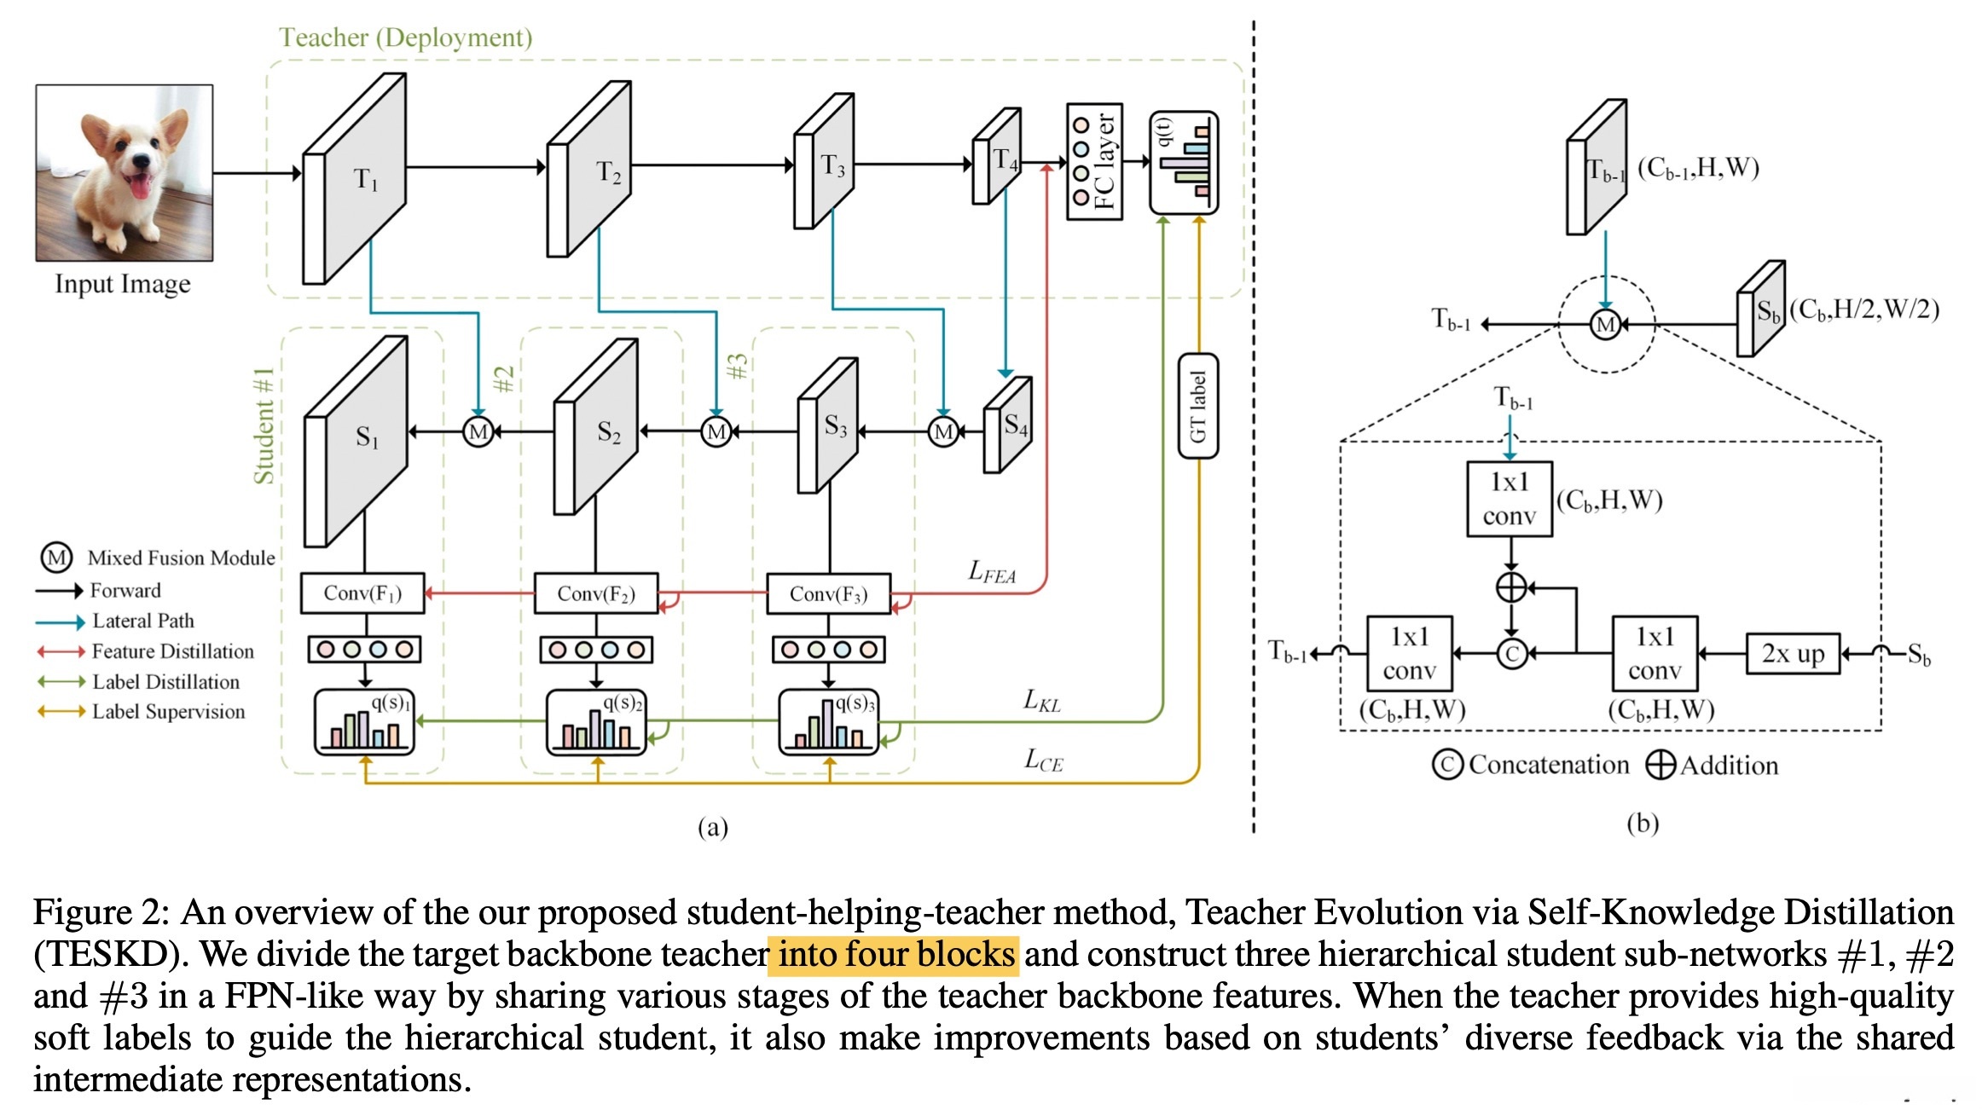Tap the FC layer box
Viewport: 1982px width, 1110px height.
click(x=1094, y=162)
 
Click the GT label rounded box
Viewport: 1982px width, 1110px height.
click(x=1197, y=406)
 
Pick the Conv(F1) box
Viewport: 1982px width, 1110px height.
click(x=362, y=593)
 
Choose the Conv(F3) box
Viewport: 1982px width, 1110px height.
click(x=828, y=593)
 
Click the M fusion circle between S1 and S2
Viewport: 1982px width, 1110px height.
click(x=478, y=431)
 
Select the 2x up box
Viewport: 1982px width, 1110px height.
click(x=1793, y=654)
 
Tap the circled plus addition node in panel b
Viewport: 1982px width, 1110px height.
click(x=1510, y=587)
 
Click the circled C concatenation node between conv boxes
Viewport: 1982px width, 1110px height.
click(x=1511, y=654)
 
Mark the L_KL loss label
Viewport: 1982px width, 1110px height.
click(x=1042, y=702)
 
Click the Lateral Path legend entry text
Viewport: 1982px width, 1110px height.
click(x=143, y=621)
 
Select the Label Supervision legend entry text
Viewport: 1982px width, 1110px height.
click(x=168, y=712)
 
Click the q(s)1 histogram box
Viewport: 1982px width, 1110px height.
click(x=364, y=722)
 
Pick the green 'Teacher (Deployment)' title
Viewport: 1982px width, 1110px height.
click(x=406, y=38)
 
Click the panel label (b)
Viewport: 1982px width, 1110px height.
click(x=1642, y=824)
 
